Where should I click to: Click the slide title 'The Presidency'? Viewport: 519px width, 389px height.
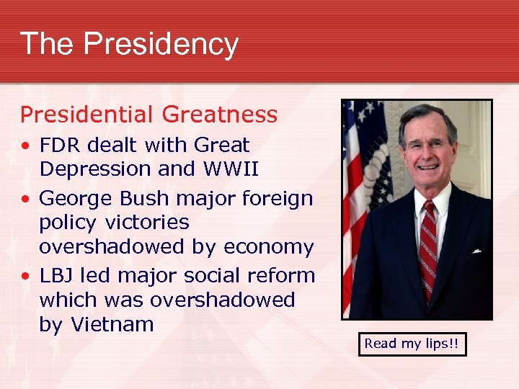tap(129, 43)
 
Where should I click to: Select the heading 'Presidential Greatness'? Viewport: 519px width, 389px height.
tap(148, 115)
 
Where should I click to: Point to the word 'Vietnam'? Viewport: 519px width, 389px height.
tap(112, 325)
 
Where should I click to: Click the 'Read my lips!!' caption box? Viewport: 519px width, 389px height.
tap(411, 344)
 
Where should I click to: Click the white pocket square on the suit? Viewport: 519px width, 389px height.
tap(476, 251)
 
